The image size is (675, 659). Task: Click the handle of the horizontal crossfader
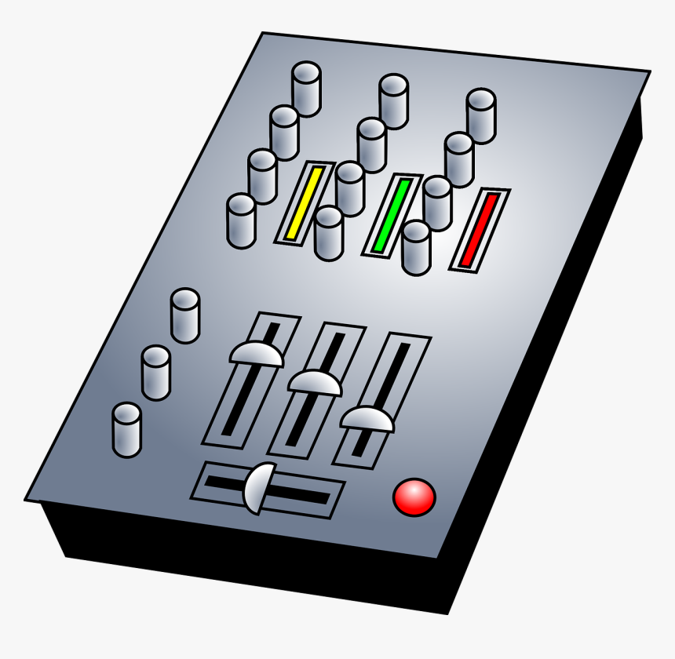coord(260,488)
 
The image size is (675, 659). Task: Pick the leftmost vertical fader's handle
coord(256,354)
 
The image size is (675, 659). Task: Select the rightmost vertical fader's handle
coord(367,419)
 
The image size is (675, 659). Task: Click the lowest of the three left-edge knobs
coord(126,429)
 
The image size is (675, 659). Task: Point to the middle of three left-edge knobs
coord(156,373)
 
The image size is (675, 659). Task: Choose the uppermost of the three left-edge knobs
coord(185,315)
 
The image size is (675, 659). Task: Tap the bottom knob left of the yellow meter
coord(241,220)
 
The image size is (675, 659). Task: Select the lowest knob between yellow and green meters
coord(328,233)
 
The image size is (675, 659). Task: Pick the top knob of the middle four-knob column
coord(393,100)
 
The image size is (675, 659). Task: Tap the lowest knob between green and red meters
coord(416,247)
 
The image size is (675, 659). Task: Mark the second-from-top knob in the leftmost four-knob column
coord(284,133)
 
